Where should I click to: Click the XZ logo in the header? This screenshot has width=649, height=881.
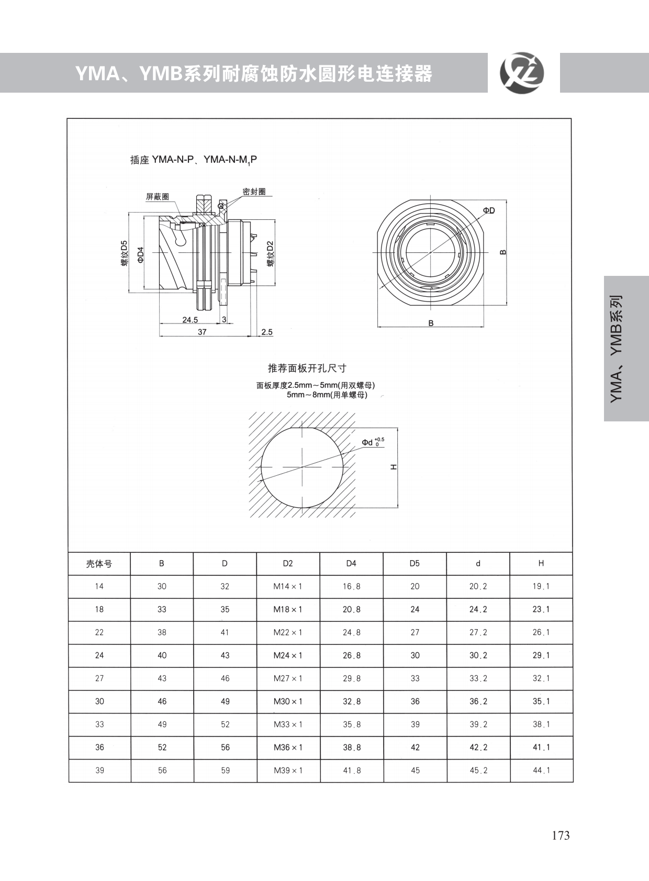point(522,73)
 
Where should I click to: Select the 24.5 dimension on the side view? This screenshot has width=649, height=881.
point(190,320)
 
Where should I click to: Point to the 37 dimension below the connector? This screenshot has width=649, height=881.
point(202,332)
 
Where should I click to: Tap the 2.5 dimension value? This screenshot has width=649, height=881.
point(267,332)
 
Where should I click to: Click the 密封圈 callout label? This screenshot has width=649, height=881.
point(254,192)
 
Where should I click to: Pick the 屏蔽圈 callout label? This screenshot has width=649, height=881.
point(158,197)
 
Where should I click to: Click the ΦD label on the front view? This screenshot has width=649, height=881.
point(489,210)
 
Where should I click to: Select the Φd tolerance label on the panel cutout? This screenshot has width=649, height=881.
point(373,442)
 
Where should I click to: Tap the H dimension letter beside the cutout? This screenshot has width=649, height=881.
point(394,467)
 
